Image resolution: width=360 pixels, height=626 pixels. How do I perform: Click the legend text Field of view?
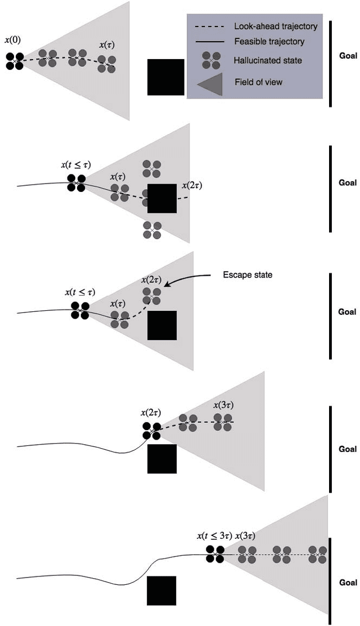tap(258, 82)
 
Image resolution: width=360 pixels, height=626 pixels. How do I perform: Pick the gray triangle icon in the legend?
tap(211, 82)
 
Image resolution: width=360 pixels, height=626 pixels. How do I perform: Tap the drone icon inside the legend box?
tap(211, 60)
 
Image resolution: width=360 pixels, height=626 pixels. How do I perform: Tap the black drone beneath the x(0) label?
tap(15, 61)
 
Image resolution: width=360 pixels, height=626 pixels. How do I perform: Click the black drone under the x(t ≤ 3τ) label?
tap(215, 555)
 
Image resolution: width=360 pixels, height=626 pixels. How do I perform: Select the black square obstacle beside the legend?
tap(165, 77)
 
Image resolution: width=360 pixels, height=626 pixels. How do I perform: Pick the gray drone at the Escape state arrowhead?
tap(151, 296)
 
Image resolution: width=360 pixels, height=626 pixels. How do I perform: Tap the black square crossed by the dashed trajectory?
tap(162, 199)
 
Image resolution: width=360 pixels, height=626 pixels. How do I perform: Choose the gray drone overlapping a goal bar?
tap(318, 555)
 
